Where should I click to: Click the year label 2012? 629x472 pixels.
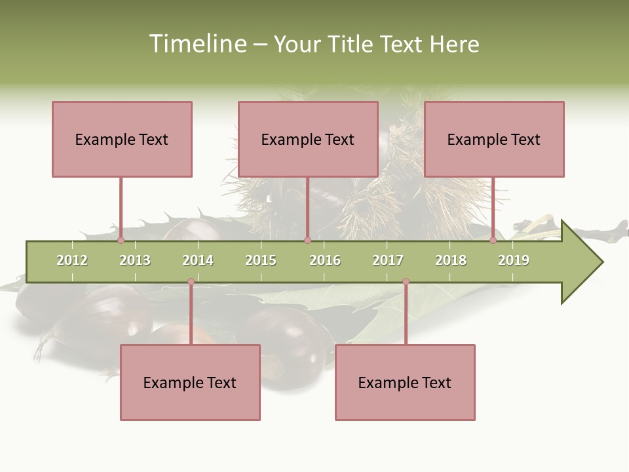click(x=72, y=260)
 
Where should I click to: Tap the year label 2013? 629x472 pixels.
click(x=135, y=260)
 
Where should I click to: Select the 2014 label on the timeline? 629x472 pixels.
click(x=198, y=260)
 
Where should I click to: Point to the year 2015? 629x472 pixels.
click(x=261, y=260)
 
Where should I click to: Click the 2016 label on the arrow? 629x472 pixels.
click(x=325, y=260)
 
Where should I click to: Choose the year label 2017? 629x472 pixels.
click(x=388, y=260)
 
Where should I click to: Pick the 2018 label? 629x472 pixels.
click(x=451, y=260)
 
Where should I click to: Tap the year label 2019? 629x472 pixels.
click(x=514, y=260)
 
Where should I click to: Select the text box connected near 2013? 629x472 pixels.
click(x=122, y=139)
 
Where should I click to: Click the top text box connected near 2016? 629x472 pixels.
click(x=308, y=139)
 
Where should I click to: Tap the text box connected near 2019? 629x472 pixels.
click(x=494, y=139)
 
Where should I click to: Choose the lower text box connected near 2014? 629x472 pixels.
click(x=190, y=382)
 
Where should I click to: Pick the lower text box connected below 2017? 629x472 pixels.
click(x=405, y=382)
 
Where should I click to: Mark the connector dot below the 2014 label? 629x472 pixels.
click(x=191, y=282)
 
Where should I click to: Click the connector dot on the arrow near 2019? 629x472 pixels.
click(x=493, y=240)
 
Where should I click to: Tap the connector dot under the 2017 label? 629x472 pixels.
click(x=406, y=282)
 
